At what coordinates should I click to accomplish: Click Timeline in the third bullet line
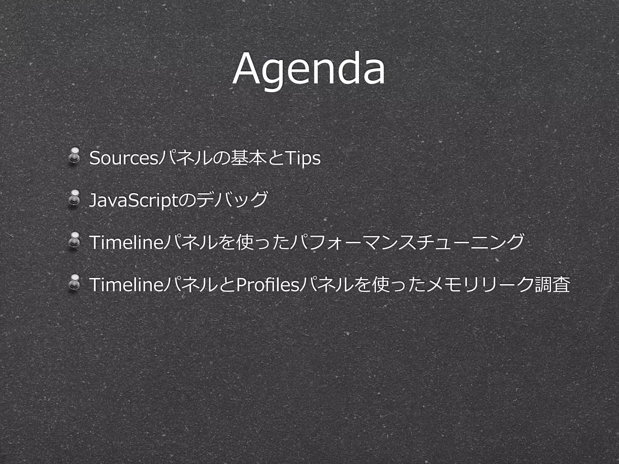tap(127, 242)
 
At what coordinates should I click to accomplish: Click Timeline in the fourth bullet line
tap(127, 284)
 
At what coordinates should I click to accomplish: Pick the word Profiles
tap(267, 284)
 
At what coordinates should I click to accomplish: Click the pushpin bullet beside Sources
tap(74, 156)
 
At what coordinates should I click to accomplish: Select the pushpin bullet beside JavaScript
tap(74, 198)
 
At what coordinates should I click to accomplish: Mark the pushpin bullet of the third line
tap(74, 240)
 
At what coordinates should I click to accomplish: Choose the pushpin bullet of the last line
tap(74, 283)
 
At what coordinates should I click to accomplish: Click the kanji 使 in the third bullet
tap(245, 242)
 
